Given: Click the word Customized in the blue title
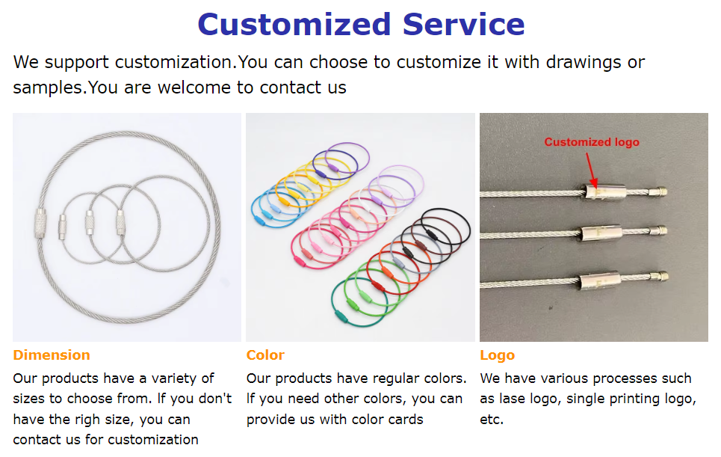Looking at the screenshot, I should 295,24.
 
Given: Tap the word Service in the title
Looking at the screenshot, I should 463,24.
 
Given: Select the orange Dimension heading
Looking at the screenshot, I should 52,355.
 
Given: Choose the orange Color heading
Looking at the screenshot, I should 265,355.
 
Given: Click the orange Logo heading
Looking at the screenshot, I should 497,355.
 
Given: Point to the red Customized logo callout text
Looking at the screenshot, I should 591,142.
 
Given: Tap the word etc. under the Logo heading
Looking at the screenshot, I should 492,419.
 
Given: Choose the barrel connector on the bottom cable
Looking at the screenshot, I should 598,283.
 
